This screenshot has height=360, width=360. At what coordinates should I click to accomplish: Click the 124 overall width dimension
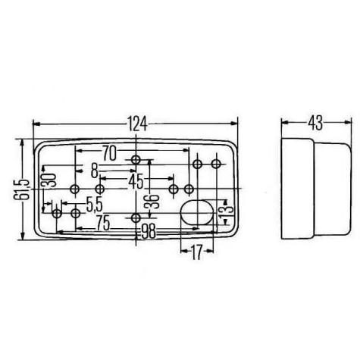136,124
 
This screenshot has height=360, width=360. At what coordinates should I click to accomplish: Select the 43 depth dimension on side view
315,123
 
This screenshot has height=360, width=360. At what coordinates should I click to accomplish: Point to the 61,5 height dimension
20,189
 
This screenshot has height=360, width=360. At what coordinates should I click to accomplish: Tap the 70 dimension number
109,153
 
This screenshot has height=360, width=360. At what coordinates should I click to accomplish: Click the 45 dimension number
136,181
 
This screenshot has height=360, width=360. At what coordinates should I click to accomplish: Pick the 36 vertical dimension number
152,202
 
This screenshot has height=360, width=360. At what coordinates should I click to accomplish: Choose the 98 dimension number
149,231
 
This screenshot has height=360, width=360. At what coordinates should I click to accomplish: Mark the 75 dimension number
104,224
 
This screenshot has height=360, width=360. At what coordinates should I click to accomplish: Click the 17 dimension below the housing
196,252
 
